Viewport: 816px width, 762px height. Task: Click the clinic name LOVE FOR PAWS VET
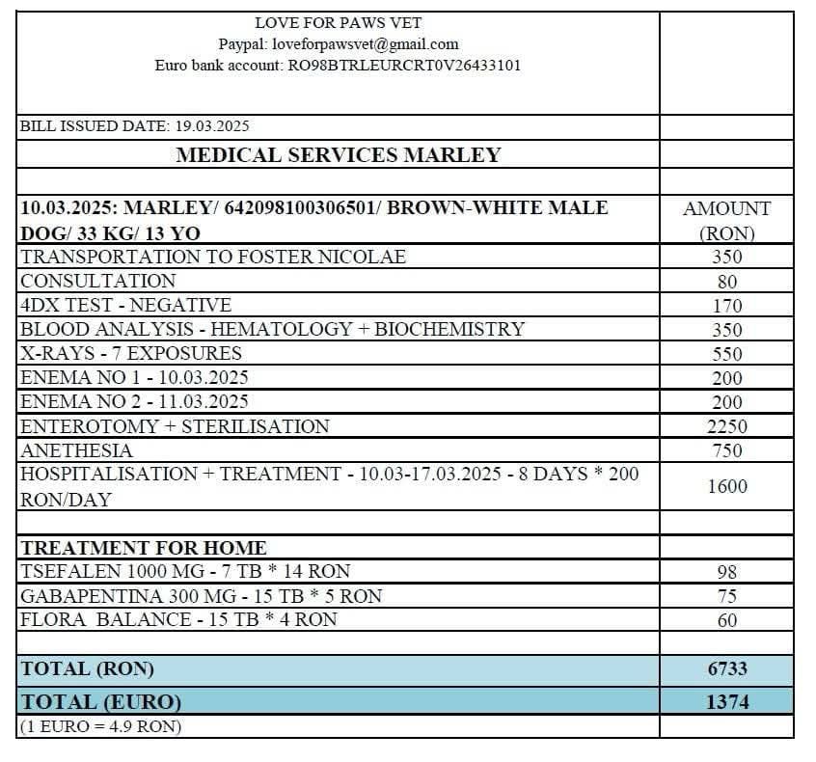(x=338, y=22)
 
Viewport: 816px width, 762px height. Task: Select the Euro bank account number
(x=405, y=66)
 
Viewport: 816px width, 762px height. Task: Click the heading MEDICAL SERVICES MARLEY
(x=338, y=154)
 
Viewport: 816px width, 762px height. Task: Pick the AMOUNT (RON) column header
(x=726, y=220)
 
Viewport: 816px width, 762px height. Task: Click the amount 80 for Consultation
(x=727, y=282)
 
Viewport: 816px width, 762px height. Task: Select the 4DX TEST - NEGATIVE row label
(x=125, y=305)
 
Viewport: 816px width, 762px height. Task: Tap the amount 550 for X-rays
(x=727, y=354)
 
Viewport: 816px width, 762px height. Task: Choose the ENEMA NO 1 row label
(x=134, y=377)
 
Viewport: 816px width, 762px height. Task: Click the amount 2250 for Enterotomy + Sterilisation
(x=727, y=426)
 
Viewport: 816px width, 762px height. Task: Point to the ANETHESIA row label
(x=77, y=450)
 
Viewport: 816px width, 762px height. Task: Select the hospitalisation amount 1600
(x=727, y=486)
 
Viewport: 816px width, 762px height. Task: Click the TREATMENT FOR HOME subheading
(x=144, y=548)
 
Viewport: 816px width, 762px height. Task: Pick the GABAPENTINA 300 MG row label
(x=201, y=596)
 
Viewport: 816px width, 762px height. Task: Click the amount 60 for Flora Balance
(x=727, y=620)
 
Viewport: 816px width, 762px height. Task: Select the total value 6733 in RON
(x=727, y=668)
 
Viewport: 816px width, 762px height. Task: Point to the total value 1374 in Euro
(x=727, y=702)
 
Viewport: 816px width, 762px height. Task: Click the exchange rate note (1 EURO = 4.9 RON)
(x=101, y=726)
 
